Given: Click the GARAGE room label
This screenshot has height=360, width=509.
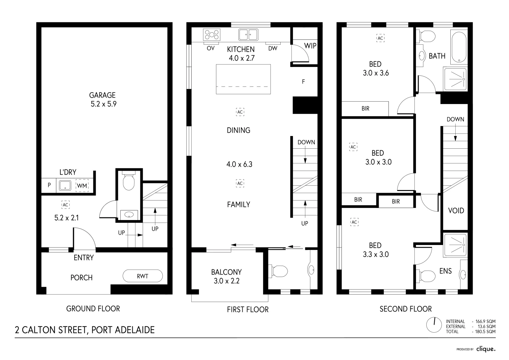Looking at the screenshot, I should tap(103, 95).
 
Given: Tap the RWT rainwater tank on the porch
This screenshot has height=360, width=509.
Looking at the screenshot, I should tap(143, 276).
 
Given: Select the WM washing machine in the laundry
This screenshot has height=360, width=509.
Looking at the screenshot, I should tap(82, 186).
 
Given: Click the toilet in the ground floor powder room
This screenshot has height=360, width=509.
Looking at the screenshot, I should tap(128, 181).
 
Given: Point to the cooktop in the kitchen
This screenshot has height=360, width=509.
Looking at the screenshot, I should tap(212, 35).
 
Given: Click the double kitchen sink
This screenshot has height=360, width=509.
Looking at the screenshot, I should tap(248, 34).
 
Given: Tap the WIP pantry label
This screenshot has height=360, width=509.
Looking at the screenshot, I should tap(310, 46).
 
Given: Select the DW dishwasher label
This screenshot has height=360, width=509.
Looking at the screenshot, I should tap(273, 49).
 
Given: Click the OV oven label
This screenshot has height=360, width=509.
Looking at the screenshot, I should tap(210, 48).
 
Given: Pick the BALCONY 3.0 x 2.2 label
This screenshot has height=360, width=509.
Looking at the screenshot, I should tap(226, 276).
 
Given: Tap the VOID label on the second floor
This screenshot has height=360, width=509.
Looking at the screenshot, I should tap(456, 211).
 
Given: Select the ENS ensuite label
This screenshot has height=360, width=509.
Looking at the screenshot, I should tap(445, 271).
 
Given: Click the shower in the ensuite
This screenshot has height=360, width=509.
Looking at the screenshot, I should tap(455, 245).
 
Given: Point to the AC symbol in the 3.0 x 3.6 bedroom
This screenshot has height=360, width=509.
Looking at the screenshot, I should tap(380, 38).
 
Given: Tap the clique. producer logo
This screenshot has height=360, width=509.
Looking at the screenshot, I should tap(486, 349).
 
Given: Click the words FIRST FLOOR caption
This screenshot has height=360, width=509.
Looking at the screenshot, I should tap(248, 310).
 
